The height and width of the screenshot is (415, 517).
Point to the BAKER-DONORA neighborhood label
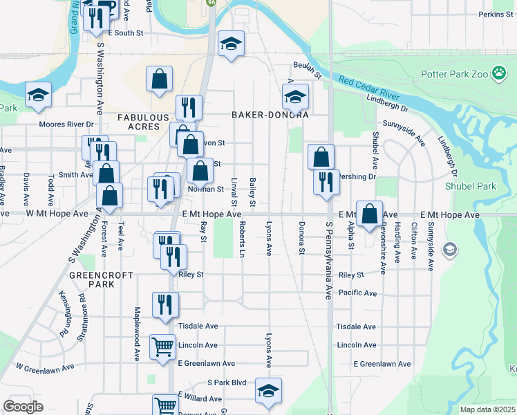(269, 115)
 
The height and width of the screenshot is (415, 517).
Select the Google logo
(23, 406)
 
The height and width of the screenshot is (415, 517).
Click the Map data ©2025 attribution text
(487, 409)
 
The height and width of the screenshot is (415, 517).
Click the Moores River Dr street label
(66, 124)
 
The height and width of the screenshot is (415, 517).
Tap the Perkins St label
(495, 15)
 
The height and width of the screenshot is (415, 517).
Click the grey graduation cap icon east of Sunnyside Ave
(450, 248)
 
